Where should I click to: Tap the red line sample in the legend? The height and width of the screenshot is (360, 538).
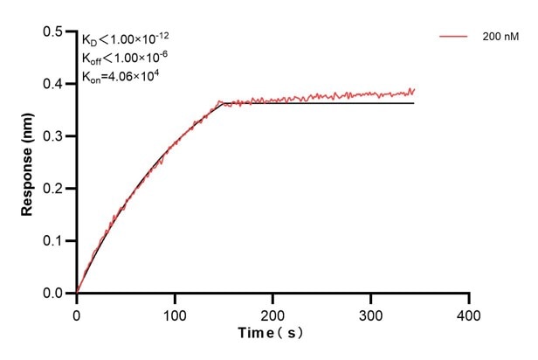click(454, 37)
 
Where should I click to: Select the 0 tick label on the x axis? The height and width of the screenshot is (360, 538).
click(77, 312)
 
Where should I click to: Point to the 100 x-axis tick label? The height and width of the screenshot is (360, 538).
click(175, 312)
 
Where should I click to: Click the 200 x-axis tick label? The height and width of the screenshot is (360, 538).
click(273, 312)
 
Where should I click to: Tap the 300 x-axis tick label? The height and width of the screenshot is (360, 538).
click(371, 312)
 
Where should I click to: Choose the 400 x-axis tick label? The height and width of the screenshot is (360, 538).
click(470, 312)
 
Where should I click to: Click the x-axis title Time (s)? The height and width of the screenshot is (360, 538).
click(272, 333)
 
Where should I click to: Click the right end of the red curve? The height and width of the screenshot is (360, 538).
click(414, 89)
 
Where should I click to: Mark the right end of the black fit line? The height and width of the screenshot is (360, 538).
click(414, 103)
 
